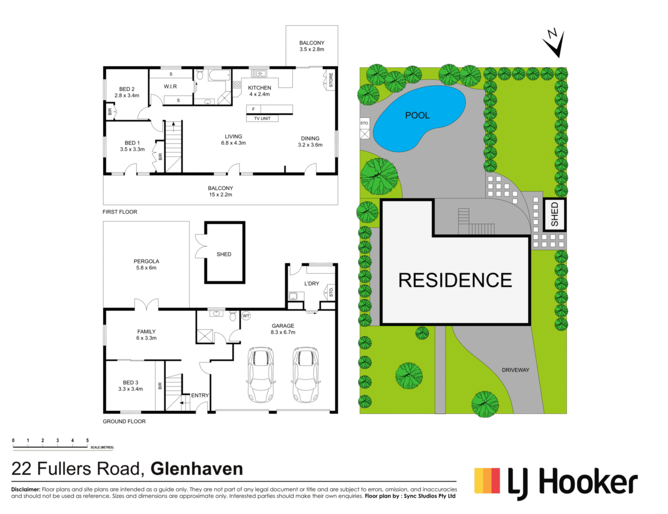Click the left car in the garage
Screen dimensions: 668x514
pos(260,374)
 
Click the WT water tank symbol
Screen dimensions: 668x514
pos(246,316)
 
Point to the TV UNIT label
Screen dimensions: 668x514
pos(262,118)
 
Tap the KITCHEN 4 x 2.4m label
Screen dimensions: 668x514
pos(260,91)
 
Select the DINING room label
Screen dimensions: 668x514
pos(310,139)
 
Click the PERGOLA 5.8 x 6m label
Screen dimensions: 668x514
pos(146,264)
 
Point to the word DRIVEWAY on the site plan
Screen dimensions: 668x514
pos(515,370)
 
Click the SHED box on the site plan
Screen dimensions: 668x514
pos(555,215)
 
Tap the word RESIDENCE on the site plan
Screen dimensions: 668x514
pos(455,280)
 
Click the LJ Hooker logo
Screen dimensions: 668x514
pos(556,483)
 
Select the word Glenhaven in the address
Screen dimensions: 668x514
pos(197,469)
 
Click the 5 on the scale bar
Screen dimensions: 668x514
pos(87,441)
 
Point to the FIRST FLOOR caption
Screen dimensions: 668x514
pos(120,212)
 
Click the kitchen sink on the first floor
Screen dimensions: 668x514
pos(259,73)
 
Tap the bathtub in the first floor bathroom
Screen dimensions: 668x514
pos(220,75)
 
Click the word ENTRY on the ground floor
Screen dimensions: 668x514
pos(200,395)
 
